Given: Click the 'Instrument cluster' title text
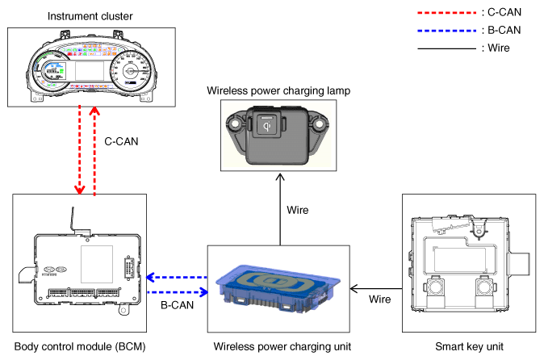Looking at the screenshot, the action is coord(90,16).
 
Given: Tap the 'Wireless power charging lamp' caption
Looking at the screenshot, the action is coord(278,91).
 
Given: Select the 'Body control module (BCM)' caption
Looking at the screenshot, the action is coord(80,346).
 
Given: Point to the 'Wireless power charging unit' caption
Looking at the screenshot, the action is coord(282,346).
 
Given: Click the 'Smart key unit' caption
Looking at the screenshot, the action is coord(469,346).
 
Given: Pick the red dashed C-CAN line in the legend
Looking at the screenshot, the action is coord(447,13).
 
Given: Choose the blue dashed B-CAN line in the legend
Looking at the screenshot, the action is coord(447,31).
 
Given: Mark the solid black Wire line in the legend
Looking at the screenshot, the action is coord(447,48).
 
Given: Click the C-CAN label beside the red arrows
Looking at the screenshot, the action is coord(121,141).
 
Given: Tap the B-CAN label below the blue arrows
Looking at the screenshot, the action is coord(178,305).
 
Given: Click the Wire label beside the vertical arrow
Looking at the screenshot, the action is coord(298,210).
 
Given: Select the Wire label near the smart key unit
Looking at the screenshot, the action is coord(380,299).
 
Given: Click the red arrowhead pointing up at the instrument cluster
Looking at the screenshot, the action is coord(94,111).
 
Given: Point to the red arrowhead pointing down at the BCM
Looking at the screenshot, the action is coord(80,190).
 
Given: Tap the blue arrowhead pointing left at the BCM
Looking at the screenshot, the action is coord(150,278).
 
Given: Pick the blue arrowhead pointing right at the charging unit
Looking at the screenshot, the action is coord(204,292).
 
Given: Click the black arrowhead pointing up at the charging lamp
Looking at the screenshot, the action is coord(280,178).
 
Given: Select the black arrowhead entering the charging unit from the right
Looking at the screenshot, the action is coord(354,288).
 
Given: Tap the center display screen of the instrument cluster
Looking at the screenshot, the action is coord(90,71).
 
